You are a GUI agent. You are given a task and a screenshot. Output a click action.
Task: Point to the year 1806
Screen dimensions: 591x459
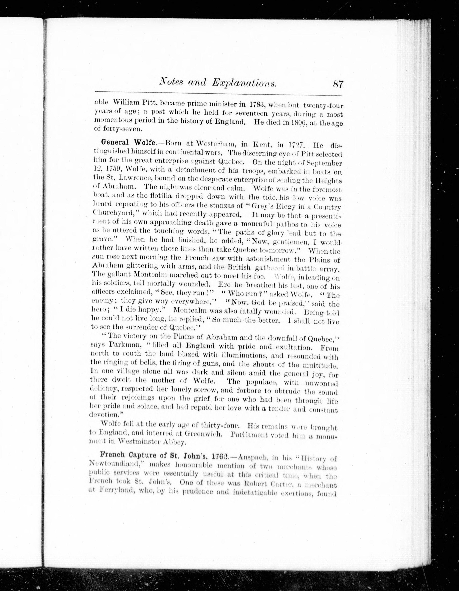(295, 122)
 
